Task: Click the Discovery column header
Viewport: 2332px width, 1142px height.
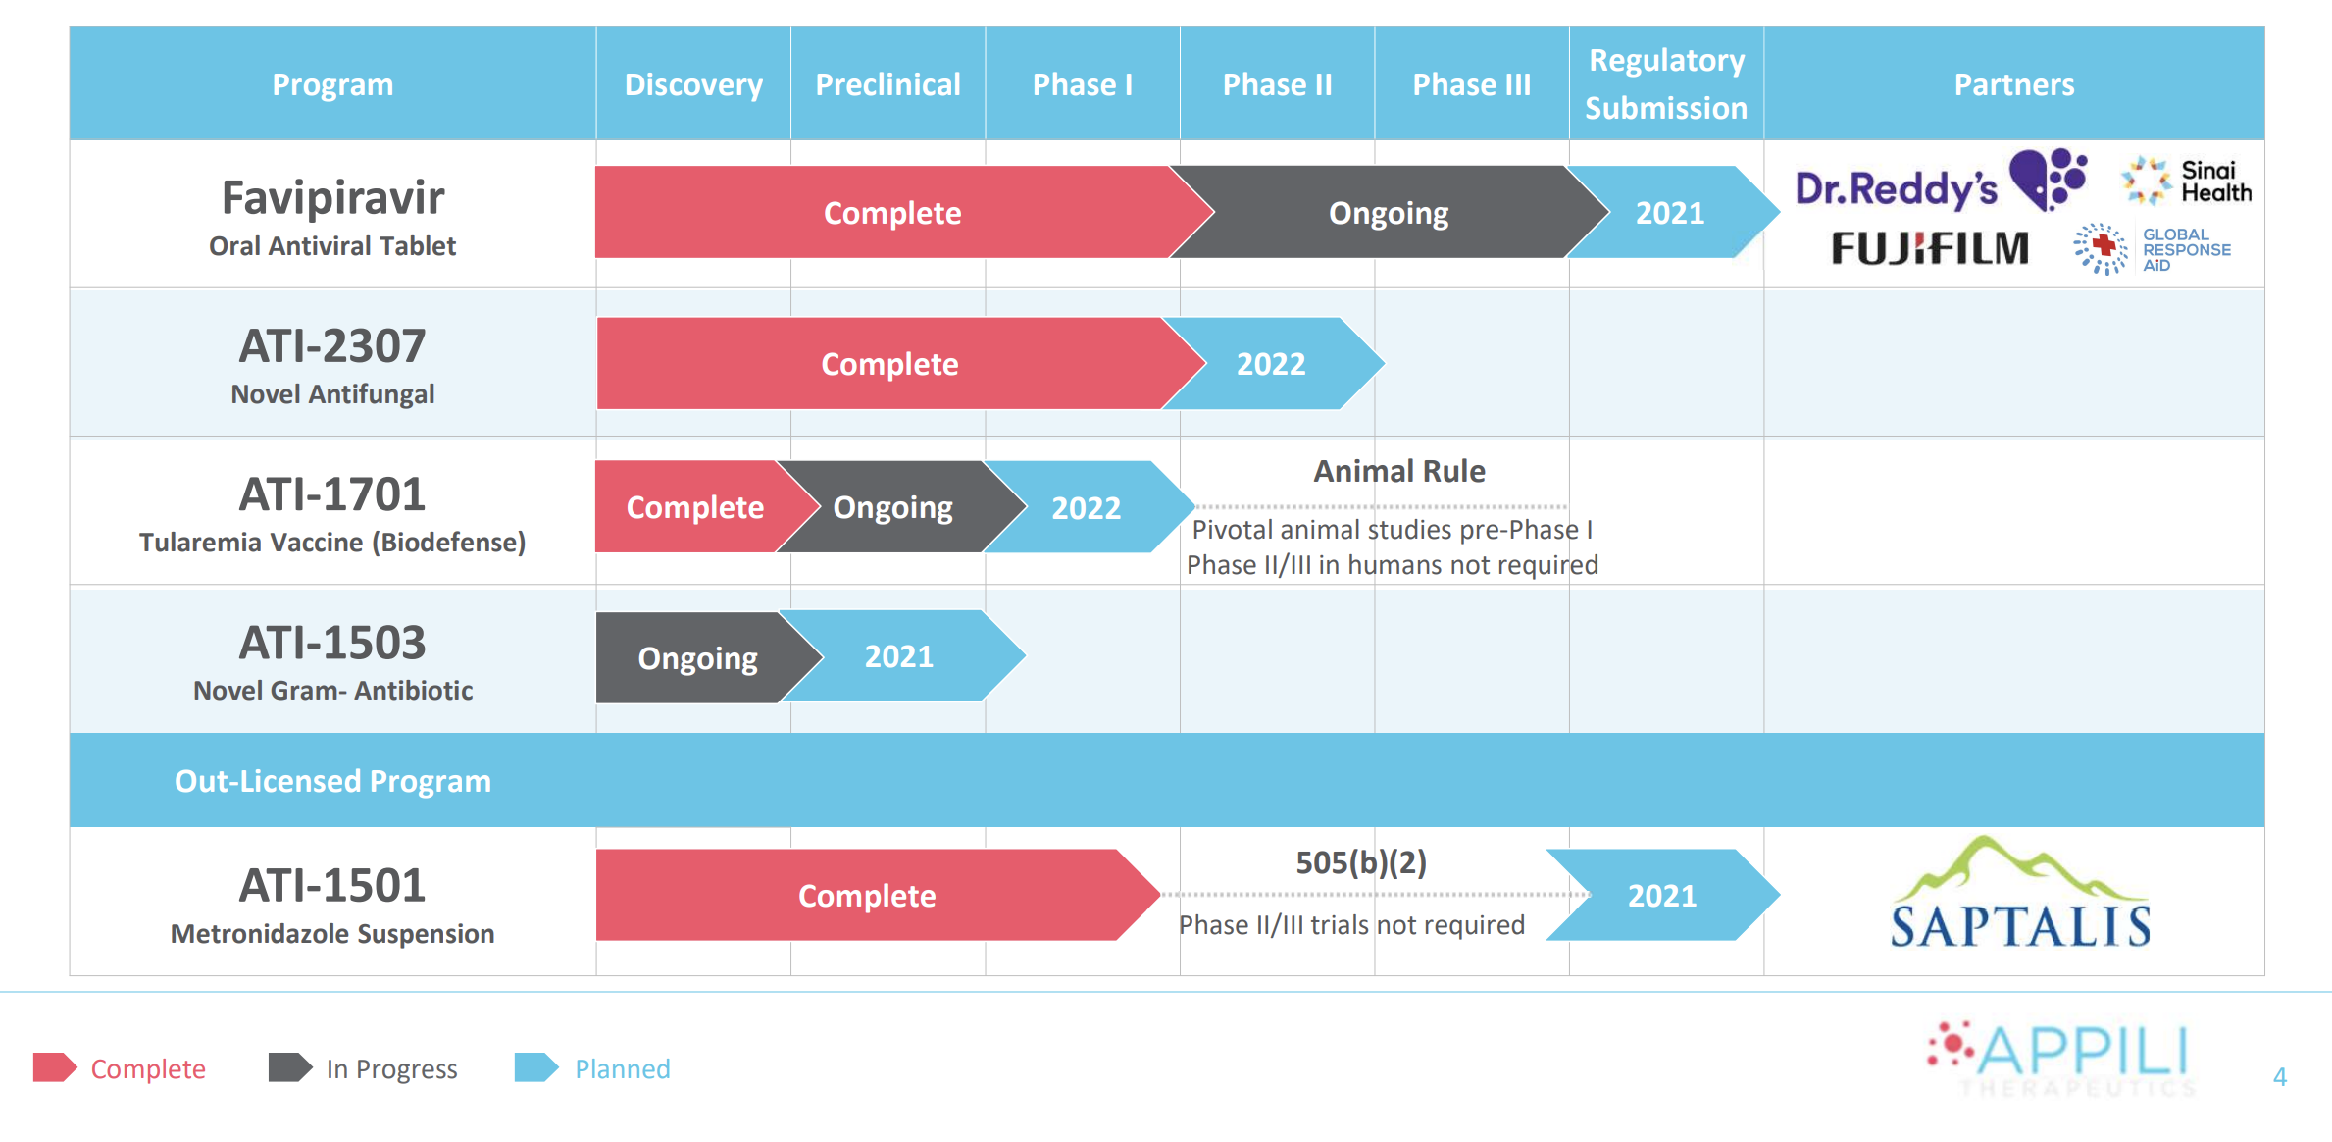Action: point(693,84)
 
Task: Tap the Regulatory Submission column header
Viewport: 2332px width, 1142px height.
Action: point(1666,84)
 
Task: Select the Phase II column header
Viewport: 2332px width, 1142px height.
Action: point(1277,84)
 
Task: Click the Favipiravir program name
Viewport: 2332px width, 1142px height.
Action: point(332,198)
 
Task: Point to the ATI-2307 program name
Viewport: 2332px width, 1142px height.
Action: point(332,346)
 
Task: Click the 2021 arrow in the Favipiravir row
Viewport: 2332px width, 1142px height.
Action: point(1670,213)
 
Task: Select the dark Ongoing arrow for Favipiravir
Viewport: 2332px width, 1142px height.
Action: point(1388,213)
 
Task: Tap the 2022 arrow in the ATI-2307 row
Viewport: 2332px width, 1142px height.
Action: point(1271,364)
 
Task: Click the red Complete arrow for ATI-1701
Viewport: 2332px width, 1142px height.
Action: point(694,507)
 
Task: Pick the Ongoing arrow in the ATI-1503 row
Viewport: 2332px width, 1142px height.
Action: point(697,657)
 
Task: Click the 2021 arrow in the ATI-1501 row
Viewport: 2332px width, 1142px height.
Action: point(1662,895)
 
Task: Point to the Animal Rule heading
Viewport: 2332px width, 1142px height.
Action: point(1399,471)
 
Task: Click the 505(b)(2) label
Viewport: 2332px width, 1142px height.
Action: point(1361,862)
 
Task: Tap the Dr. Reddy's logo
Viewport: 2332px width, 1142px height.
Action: point(1940,183)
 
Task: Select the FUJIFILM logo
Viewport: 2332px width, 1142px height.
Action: point(1930,248)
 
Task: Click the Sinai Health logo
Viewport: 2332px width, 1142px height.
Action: point(2187,182)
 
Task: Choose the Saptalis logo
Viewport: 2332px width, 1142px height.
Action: point(2020,895)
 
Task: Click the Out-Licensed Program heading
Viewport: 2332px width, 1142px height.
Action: point(332,781)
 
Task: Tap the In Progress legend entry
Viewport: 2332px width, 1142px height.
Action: point(363,1068)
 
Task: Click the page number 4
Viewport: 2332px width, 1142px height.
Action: point(2280,1077)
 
